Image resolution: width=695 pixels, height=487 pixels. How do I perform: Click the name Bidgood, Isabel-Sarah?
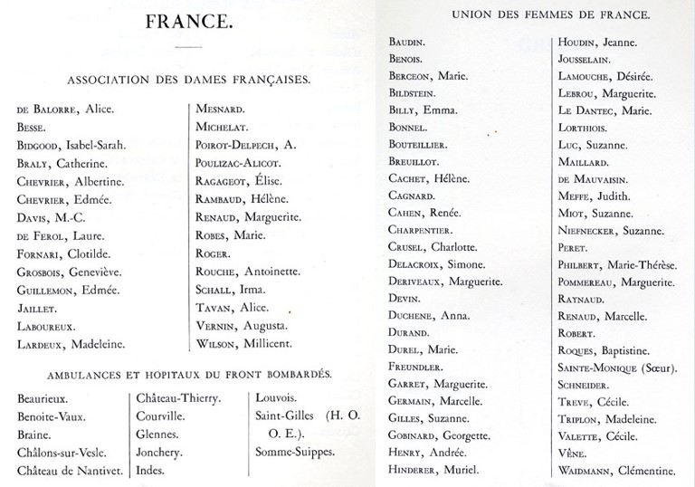point(71,145)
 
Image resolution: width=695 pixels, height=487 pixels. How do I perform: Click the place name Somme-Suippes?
point(297,452)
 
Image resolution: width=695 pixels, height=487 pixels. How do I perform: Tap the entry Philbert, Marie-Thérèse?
point(617,263)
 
